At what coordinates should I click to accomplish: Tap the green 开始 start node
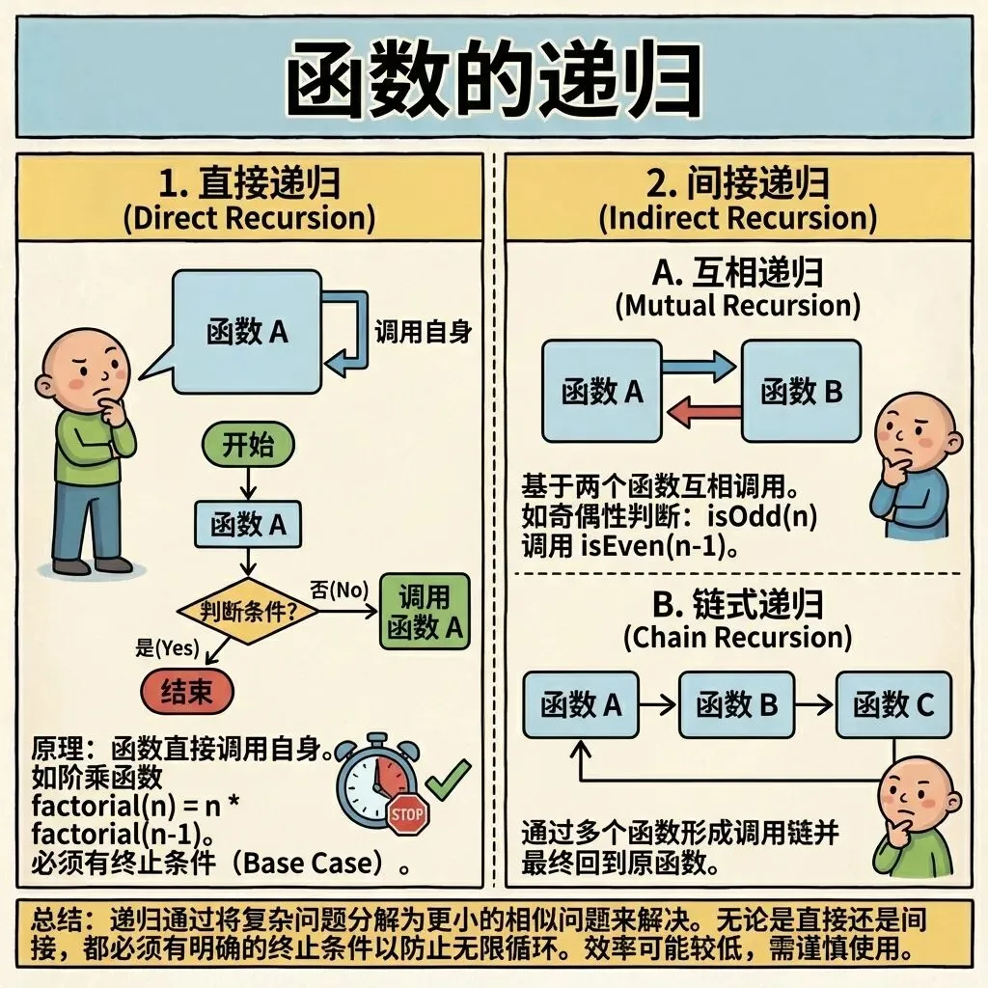249,446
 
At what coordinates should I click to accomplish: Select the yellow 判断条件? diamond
248,610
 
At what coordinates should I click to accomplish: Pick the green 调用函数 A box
425,612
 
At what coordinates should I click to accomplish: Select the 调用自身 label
422,333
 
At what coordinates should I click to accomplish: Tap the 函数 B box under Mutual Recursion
801,391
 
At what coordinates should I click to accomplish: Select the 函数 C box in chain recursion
893,705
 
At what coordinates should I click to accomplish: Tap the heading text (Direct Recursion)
249,216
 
